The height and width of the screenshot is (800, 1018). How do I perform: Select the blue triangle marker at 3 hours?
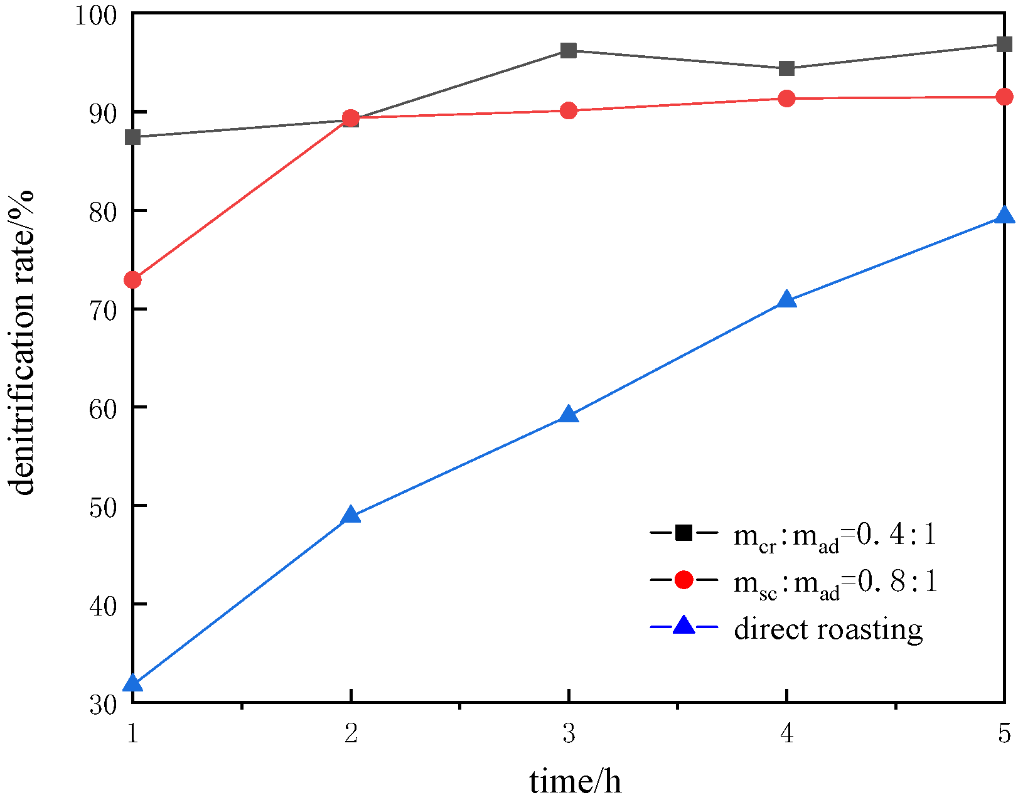(569, 415)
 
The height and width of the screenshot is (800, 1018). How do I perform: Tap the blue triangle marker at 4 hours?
(786, 300)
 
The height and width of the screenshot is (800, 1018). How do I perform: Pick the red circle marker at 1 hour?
(133, 279)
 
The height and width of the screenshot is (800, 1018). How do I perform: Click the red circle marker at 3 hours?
(569, 111)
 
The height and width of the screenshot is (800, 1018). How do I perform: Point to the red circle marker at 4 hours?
(786, 99)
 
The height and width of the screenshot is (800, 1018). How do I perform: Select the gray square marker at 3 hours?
(569, 51)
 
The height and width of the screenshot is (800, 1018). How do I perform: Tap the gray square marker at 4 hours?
(786, 68)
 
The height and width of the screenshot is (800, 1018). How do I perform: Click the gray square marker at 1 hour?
(133, 137)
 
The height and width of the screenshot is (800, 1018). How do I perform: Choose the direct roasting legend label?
(828, 628)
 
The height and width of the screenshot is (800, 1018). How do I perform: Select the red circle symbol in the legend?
(683, 580)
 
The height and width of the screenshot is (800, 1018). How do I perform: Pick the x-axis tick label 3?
(569, 733)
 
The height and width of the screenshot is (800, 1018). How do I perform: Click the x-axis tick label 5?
(1004, 733)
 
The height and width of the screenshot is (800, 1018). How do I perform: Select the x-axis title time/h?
(575, 782)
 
